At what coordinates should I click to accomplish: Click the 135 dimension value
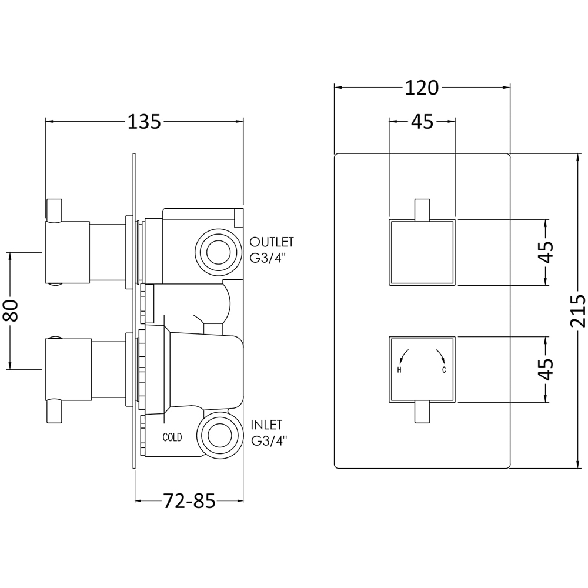click(144, 122)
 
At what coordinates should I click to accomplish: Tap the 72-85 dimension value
click(189, 501)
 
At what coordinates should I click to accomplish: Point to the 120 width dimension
click(422, 88)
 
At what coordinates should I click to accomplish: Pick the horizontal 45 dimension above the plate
click(422, 122)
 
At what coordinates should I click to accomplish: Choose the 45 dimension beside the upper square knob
click(546, 253)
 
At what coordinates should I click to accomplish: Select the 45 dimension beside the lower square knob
click(546, 369)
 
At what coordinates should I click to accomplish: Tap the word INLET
click(266, 425)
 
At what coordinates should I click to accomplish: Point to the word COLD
click(172, 437)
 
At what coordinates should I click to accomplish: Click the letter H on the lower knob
click(399, 370)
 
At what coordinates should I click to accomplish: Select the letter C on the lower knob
click(445, 370)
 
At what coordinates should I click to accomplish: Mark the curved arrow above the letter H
click(403, 355)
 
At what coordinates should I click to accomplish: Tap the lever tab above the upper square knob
click(422, 209)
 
